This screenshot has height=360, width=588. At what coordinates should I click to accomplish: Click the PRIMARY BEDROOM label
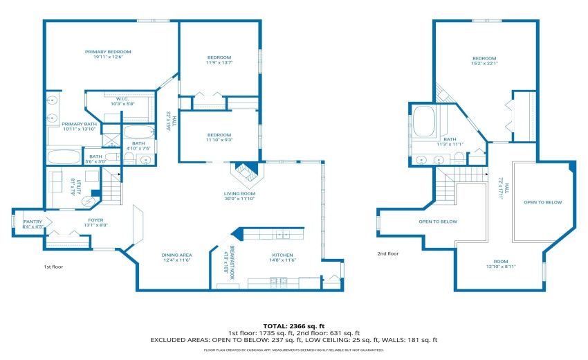108,52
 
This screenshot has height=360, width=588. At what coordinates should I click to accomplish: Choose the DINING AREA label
176,255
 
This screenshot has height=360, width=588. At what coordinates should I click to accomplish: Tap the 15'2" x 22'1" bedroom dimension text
484,64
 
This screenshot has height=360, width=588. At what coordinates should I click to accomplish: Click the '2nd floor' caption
387,253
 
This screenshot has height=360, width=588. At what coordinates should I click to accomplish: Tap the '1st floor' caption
53,266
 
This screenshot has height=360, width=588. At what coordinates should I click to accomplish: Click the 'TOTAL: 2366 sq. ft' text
293,325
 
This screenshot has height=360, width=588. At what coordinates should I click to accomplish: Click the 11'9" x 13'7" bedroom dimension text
219,63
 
